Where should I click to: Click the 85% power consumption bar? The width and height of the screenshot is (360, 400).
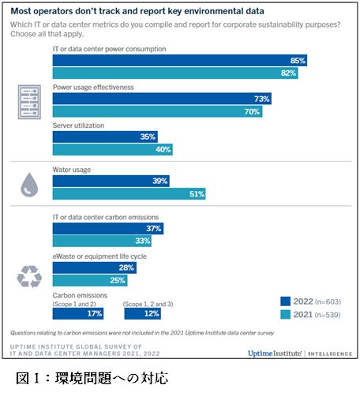[x=180, y=60]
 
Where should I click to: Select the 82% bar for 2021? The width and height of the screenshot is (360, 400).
[x=175, y=73]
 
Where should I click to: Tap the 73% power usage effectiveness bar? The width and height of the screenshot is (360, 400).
[x=162, y=99]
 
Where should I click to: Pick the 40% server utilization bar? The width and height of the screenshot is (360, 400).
[x=113, y=149]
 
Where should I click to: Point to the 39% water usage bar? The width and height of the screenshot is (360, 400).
[x=111, y=181]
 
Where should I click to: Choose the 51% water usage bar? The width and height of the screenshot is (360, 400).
[x=129, y=194]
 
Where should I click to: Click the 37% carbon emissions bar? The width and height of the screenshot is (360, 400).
[x=108, y=228]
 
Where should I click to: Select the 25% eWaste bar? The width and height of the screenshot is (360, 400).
[x=90, y=280]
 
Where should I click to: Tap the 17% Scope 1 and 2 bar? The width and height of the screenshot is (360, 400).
[x=78, y=313]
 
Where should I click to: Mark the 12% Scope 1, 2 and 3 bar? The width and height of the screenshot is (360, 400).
[x=143, y=313]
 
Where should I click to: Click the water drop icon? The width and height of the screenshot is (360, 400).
[x=29, y=185]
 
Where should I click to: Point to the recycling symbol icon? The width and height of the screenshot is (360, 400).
[x=29, y=276]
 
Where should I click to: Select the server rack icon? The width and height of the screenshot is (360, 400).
[x=29, y=102]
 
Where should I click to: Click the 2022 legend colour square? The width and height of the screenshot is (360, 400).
[x=285, y=301]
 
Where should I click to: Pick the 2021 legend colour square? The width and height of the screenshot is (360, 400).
[x=285, y=314]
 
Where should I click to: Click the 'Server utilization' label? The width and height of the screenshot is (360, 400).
[x=78, y=125]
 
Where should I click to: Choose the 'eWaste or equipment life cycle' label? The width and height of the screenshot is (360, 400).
[x=99, y=256]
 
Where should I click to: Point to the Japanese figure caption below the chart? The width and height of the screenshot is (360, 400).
[x=92, y=378]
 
